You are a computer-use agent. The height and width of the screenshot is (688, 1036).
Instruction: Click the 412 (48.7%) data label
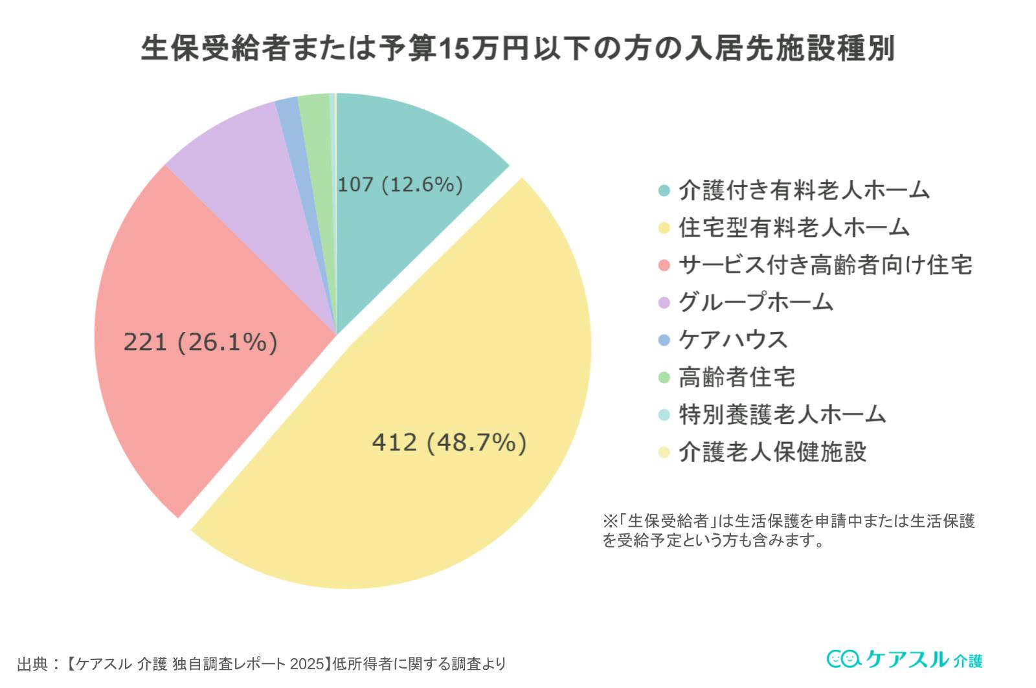pos(449,443)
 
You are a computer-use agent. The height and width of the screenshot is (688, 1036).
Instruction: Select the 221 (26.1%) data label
pos(200,342)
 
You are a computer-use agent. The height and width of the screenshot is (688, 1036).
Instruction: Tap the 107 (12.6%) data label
pos(400,184)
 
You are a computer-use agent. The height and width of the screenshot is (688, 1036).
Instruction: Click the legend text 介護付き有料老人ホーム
pos(804,190)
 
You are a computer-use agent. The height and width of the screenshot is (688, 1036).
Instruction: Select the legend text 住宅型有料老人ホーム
pos(794,227)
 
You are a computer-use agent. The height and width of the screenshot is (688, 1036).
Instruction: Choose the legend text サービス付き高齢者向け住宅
pos(825,265)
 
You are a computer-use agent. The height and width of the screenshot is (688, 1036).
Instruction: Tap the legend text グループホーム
pos(755,302)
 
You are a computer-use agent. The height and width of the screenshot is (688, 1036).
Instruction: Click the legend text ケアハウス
pos(732,340)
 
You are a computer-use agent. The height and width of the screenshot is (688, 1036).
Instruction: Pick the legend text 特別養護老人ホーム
pos(782,414)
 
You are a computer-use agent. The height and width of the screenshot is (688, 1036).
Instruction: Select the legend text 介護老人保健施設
pos(772,452)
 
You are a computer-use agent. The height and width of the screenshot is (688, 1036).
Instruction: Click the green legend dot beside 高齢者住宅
pos(664,377)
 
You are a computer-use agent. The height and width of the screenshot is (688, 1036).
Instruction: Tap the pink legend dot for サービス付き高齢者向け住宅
pos(664,265)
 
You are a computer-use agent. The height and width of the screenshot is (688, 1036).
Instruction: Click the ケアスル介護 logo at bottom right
pos(905,659)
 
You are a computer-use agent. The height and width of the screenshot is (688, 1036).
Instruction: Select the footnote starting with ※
pos(788,530)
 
